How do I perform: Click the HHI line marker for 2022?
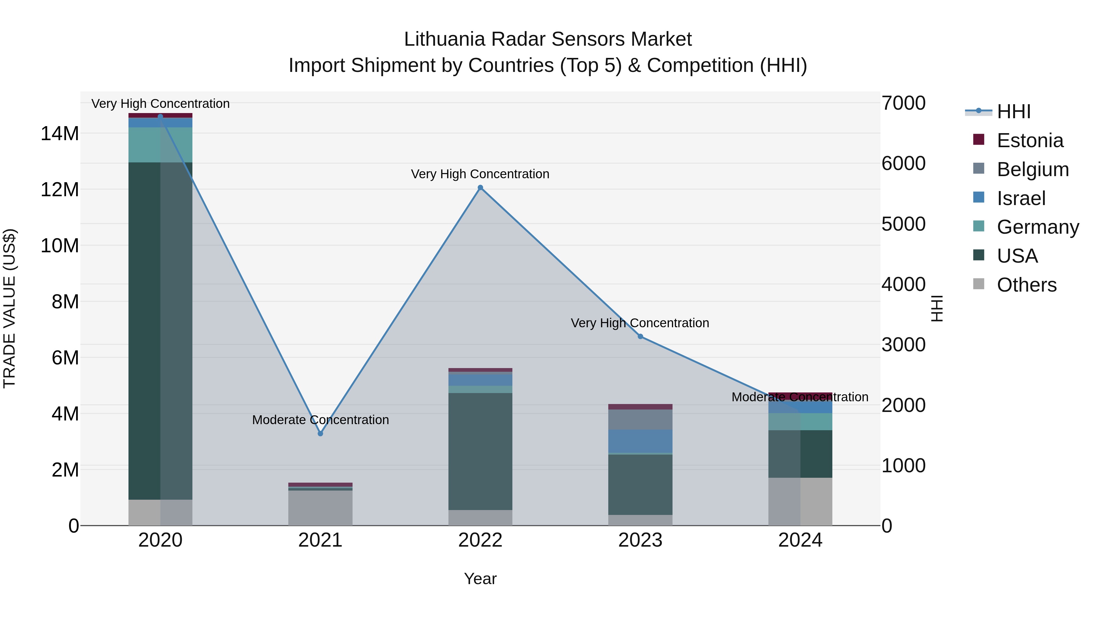(x=480, y=188)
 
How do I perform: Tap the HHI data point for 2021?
(x=320, y=434)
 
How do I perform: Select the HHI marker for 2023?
(x=640, y=336)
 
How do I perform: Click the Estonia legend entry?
(x=1030, y=140)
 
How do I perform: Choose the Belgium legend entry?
(x=1033, y=169)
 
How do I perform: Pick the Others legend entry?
(x=1026, y=285)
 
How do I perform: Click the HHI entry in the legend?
(x=1013, y=112)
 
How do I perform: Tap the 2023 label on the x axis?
(x=640, y=540)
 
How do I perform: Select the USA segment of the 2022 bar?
(x=480, y=451)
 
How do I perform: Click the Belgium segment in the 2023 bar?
(x=640, y=420)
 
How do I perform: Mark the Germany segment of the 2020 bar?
(x=160, y=145)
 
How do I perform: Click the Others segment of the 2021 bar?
(x=320, y=508)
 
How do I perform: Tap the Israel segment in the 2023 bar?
(x=640, y=441)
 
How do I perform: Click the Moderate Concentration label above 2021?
(x=320, y=420)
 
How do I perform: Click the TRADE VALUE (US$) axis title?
(x=9, y=308)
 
